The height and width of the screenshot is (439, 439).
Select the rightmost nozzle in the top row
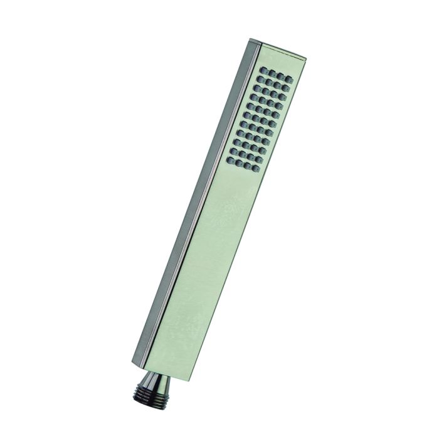[x=288, y=80]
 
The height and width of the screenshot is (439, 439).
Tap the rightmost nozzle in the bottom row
[x=257, y=167]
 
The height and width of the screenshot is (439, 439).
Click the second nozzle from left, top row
[x=272, y=73]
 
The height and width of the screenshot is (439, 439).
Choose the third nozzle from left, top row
[x=280, y=76]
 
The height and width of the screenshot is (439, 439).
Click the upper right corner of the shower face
[x=305, y=61]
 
